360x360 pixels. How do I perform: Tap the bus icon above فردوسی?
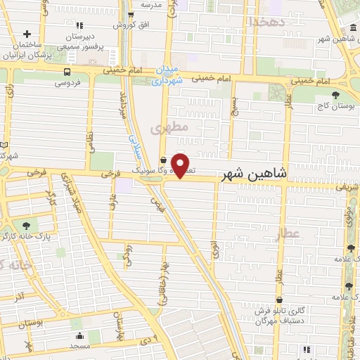67,72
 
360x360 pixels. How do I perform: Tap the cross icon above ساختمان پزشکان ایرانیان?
27,34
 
